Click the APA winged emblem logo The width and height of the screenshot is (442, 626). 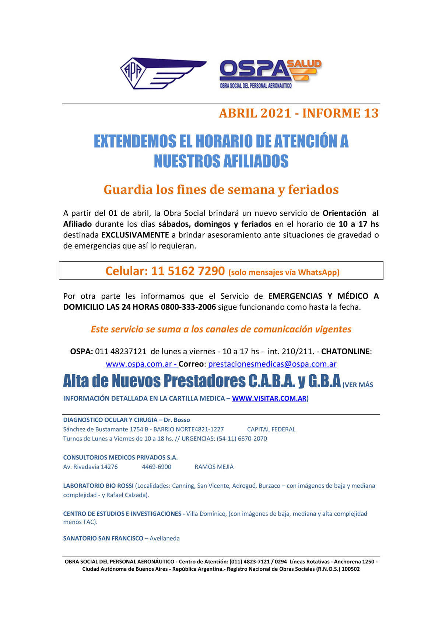tap(163, 73)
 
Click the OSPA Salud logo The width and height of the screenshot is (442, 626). tap(270, 74)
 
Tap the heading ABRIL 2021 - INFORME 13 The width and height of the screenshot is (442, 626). tap(298, 113)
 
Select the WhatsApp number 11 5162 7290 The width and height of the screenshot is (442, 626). tap(188, 271)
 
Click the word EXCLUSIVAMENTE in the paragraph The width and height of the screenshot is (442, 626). tap(135, 235)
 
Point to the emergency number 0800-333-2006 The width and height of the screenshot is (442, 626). tap(188, 307)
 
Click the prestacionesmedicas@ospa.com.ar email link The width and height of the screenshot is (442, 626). tap(272, 364)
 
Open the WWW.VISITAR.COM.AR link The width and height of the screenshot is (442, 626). tap(269, 398)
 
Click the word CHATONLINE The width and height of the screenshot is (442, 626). tap(345, 351)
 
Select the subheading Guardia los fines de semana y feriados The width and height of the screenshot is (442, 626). tap(221, 189)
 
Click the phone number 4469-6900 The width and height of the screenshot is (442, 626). tap(157, 467)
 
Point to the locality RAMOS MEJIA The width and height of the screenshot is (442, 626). tap(214, 467)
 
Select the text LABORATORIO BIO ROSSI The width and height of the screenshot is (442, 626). tap(98, 486)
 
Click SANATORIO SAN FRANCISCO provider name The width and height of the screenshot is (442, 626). tap(103, 538)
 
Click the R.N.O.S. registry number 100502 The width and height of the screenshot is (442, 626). tap(351, 569)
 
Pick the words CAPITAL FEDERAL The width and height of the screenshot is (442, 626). tap(271, 429)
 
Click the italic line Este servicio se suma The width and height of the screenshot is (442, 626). tap(221, 329)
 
